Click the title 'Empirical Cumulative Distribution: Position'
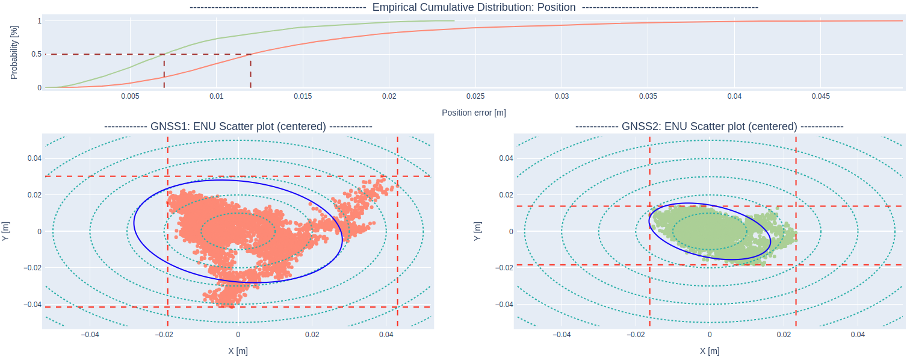tap(474, 7)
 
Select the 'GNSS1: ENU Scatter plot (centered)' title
tap(238, 126)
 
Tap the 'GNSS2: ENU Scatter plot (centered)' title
tap(709, 126)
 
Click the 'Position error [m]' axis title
tap(474, 113)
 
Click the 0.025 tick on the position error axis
tap(475, 96)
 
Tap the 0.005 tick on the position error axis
tap(130, 96)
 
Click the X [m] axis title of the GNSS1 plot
tap(238, 351)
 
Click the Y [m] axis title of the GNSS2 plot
tap(478, 231)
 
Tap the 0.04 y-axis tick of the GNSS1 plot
tap(31, 158)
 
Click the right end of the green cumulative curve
tap(454, 20)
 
